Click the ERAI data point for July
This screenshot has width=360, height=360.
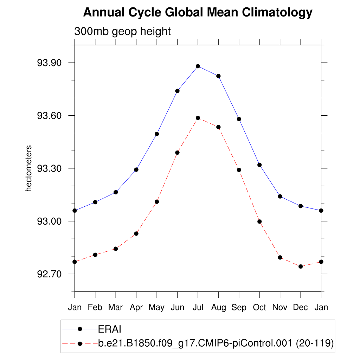pyautogui.click(x=198, y=66)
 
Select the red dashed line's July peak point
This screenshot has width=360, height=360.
pyautogui.click(x=198, y=118)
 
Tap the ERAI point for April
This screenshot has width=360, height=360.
pyautogui.click(x=136, y=169)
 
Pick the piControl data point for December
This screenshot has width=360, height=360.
pyautogui.click(x=301, y=266)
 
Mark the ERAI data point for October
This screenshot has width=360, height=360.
pyautogui.click(x=259, y=165)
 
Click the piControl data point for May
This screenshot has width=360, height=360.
pyautogui.click(x=157, y=201)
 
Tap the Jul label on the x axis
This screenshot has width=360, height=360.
pyautogui.click(x=198, y=308)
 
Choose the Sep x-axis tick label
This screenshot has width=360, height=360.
pyautogui.click(x=239, y=308)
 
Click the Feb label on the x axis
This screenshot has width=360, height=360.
pyautogui.click(x=95, y=308)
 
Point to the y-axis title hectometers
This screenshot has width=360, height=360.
pyautogui.click(x=28, y=168)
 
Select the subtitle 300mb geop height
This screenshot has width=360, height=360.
pyautogui.click(x=122, y=31)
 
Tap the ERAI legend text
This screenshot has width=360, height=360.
pyautogui.click(x=110, y=329)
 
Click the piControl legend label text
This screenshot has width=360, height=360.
pyautogui.click(x=216, y=343)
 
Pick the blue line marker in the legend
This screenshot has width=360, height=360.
pyautogui.click(x=80, y=329)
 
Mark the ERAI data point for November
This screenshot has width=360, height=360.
pyautogui.click(x=280, y=196)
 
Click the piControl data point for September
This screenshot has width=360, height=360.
pyautogui.click(x=239, y=170)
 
